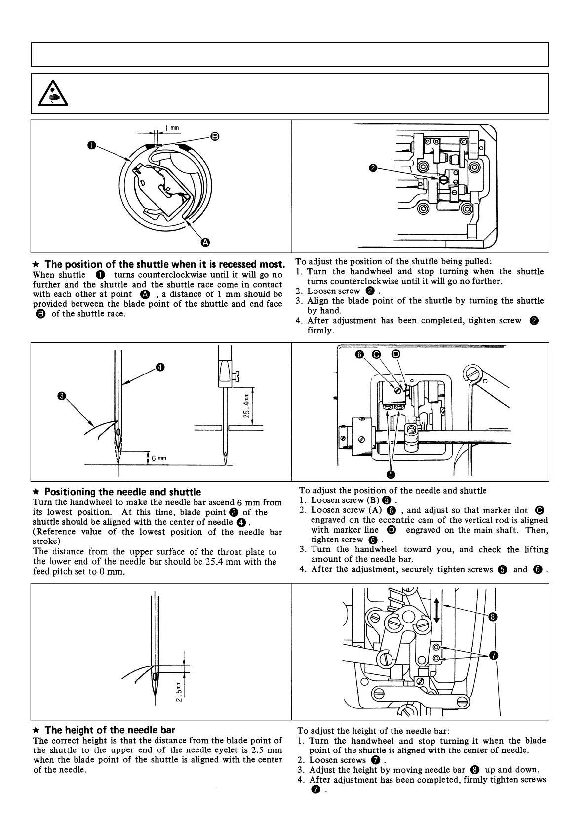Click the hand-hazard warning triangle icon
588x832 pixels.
coord(53,94)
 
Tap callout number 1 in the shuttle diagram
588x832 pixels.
coord(92,145)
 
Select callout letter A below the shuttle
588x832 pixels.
coord(205,242)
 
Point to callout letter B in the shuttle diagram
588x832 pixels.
coord(215,136)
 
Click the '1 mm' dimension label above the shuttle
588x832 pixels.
coord(172,128)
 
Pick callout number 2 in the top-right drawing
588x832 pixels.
coord(373,168)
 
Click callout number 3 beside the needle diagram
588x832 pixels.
coord(61,396)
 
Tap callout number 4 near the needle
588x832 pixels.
coord(160,367)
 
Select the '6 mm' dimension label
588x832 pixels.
coord(158,458)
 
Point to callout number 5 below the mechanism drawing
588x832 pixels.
coord(391,474)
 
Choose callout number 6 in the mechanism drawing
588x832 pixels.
coord(359,354)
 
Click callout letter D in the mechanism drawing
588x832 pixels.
coord(395,354)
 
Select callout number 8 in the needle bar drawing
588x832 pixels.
coord(493,616)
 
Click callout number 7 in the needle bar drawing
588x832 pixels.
coord(493,656)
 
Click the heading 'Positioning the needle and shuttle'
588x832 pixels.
coord(122,492)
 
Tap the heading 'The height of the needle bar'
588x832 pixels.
coord(110,730)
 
